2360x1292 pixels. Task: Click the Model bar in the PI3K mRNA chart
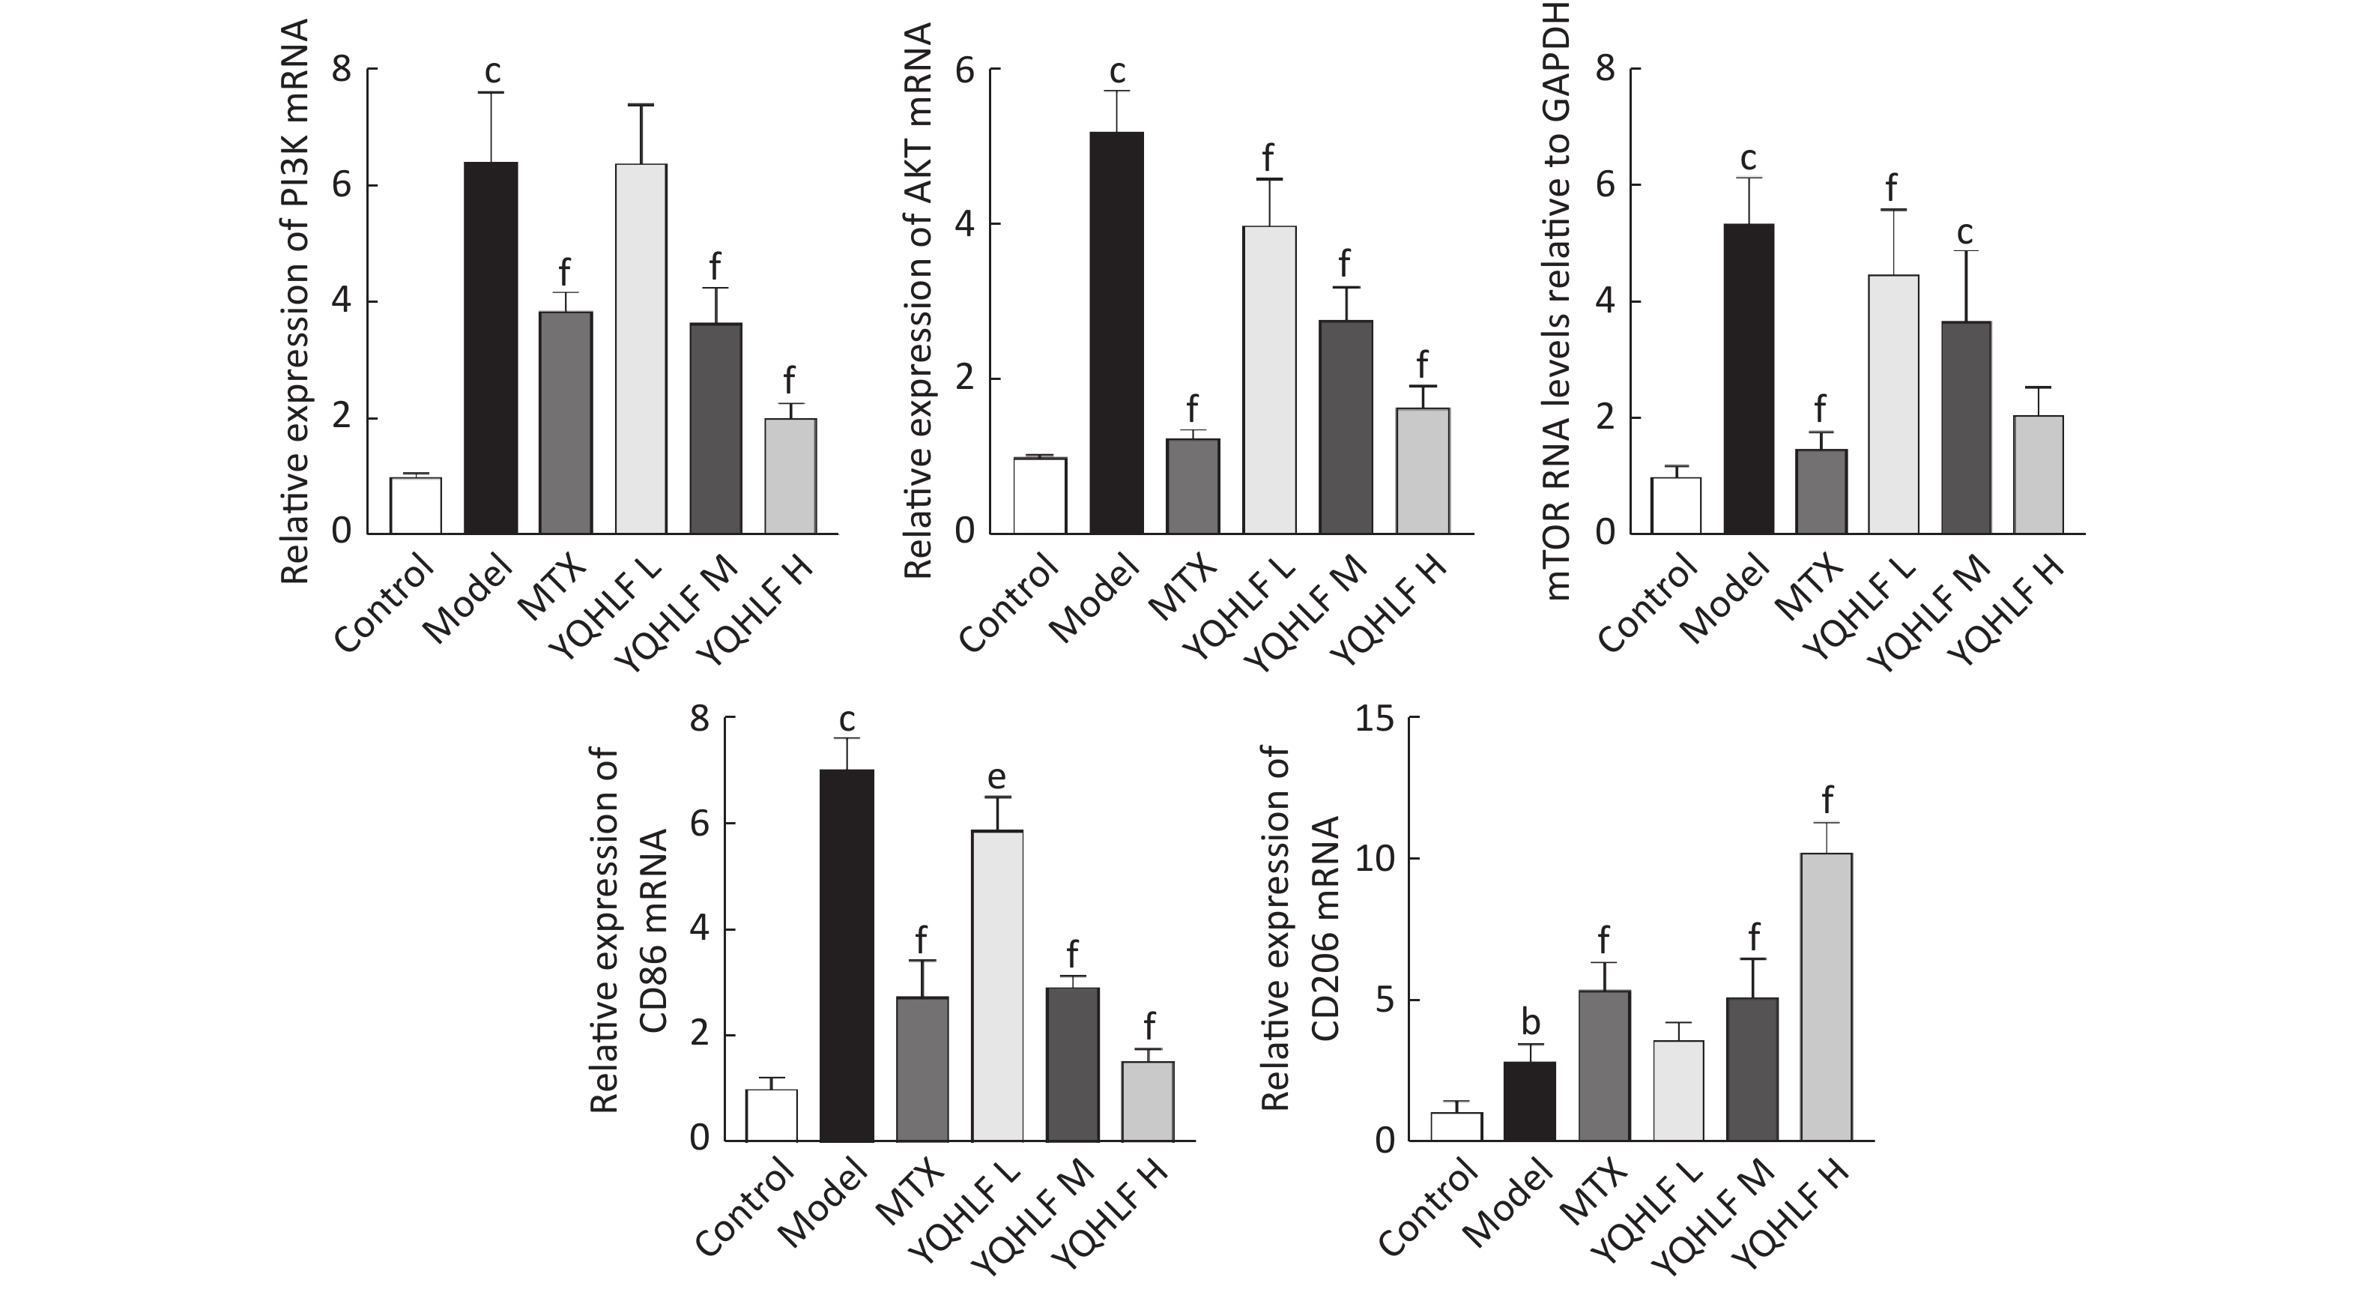[x=491, y=348]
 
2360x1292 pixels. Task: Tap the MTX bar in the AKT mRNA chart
[x=1193, y=486]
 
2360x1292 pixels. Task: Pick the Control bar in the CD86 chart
[x=772, y=1115]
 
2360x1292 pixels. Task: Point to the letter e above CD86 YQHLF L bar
[x=996, y=778]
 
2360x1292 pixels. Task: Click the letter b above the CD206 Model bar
[x=1529, y=1021]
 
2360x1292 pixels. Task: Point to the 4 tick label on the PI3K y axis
[x=342, y=302]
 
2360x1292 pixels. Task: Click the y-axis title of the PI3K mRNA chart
[x=295, y=302]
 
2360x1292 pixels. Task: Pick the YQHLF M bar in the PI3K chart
[x=715, y=428]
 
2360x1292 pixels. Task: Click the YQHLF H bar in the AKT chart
[x=1422, y=470]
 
